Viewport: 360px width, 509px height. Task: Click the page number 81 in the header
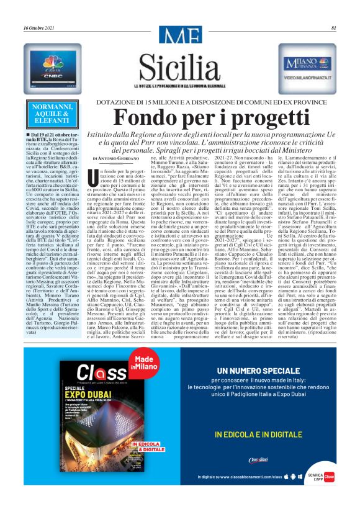[333, 28]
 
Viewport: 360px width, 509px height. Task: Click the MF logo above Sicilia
[179, 37]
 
